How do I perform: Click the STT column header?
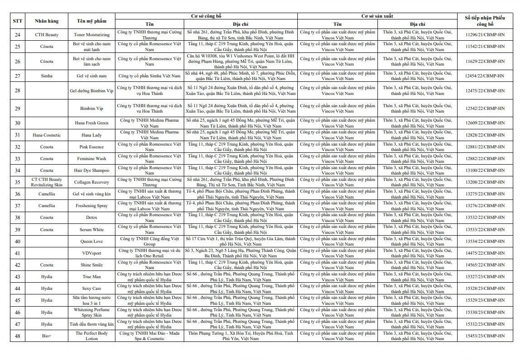(17, 21)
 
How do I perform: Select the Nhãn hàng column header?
(47, 21)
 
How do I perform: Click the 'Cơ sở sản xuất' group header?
(377, 16)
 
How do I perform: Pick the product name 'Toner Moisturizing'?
(92, 35)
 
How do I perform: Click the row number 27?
(17, 76)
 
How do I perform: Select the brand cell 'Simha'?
(47, 76)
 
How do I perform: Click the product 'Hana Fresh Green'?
(92, 123)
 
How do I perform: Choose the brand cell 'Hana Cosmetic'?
(47, 135)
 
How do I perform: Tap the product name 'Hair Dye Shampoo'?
(92, 171)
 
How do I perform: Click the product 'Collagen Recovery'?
(92, 182)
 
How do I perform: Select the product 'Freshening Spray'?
(92, 206)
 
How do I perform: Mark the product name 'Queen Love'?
(92, 242)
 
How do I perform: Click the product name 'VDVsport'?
(92, 253)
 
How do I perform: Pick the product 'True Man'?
(92, 277)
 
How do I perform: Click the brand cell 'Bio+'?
(47, 336)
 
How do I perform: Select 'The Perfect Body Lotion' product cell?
(92, 336)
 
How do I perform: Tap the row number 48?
(17, 336)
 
